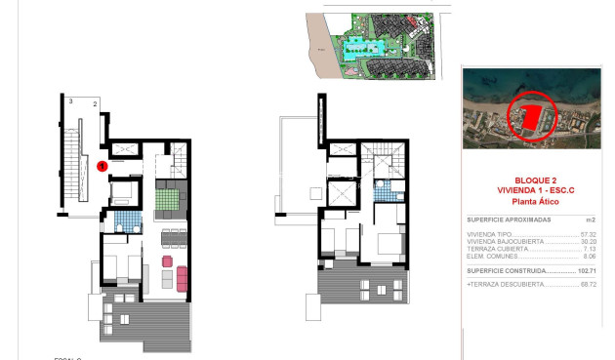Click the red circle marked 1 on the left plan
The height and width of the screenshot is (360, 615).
tap(102, 166)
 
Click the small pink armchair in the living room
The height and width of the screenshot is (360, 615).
tap(166, 261)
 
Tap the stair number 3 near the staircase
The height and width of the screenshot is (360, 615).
tap(71, 100)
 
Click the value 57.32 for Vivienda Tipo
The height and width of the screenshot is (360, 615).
tap(588, 234)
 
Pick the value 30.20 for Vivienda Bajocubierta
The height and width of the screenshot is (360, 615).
tap(588, 241)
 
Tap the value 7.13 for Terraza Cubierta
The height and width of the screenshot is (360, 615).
tap(590, 248)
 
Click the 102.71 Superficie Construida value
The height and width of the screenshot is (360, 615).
tap(585, 269)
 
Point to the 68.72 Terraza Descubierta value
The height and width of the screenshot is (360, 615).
tap(588, 284)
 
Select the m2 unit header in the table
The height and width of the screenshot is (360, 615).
tap(590, 220)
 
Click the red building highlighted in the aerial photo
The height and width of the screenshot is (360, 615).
tap(528, 114)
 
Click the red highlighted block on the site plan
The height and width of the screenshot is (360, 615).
tap(413, 20)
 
